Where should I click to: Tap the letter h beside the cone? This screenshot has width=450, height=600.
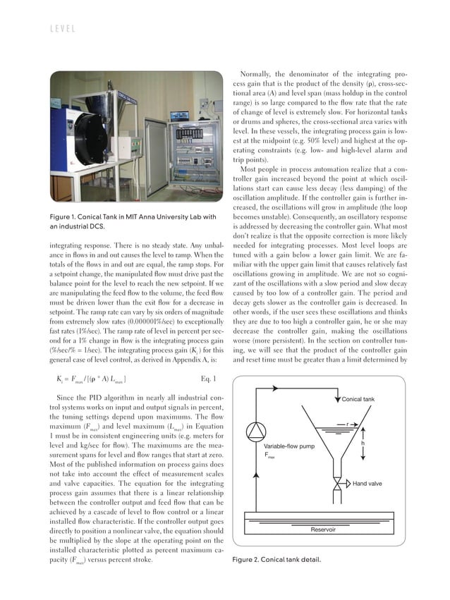[x=362, y=443]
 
